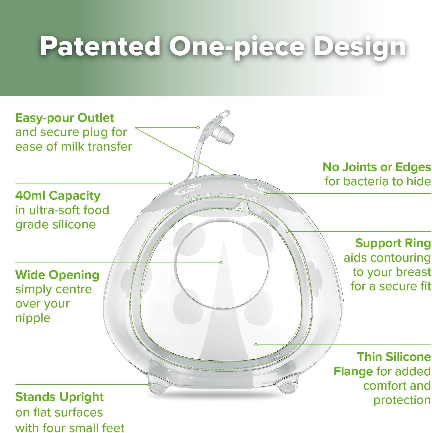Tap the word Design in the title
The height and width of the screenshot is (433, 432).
click(x=359, y=48)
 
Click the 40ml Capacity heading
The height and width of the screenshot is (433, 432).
click(x=58, y=196)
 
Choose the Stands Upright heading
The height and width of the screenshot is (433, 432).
click(x=60, y=397)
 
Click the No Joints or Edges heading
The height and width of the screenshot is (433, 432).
click(x=377, y=167)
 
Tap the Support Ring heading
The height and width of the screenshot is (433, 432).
click(x=393, y=244)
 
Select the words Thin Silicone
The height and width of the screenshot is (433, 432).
click(x=394, y=357)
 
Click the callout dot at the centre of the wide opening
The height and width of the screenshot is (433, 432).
click(x=221, y=263)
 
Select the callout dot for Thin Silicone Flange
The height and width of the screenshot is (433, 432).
click(x=256, y=344)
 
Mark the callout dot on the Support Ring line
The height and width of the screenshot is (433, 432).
click(x=287, y=231)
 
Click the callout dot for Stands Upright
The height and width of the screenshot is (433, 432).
click(x=149, y=385)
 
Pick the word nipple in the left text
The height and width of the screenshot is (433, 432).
click(x=33, y=318)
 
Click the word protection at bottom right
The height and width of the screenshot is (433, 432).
click(x=402, y=400)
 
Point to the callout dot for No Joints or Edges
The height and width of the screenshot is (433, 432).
click(x=265, y=193)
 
